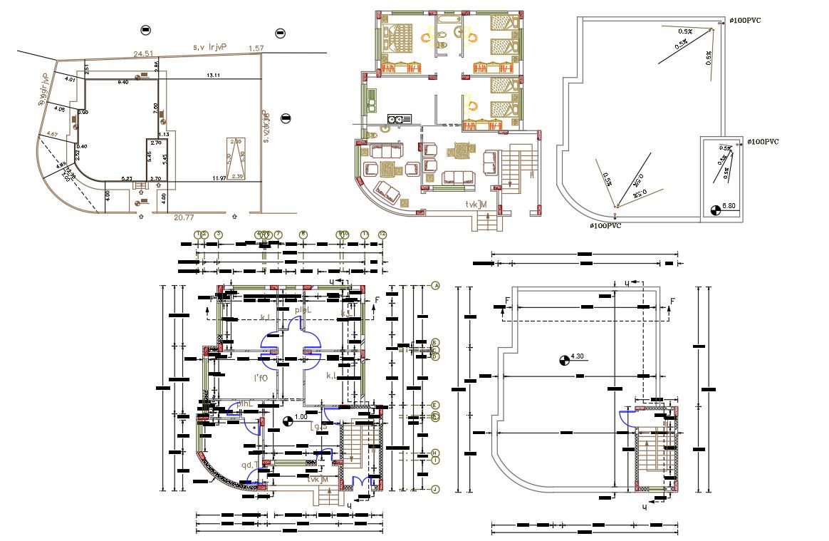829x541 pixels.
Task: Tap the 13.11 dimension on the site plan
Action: [213, 75]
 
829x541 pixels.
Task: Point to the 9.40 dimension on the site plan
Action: [122, 82]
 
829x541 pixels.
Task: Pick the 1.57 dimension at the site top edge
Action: [255, 48]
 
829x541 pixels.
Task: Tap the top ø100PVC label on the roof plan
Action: [745, 21]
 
